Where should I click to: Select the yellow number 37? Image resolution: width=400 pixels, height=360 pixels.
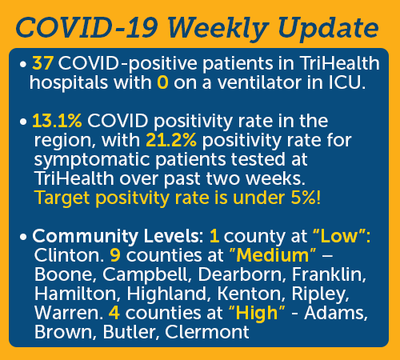(42, 63)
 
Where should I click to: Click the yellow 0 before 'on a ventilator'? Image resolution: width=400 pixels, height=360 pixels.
(162, 82)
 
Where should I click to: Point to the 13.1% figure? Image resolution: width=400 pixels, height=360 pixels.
(57, 121)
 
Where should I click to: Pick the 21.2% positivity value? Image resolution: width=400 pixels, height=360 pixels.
(171, 140)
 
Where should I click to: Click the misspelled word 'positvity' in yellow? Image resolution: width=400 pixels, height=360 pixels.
(132, 198)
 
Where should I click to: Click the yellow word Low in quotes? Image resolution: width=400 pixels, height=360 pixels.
(339, 236)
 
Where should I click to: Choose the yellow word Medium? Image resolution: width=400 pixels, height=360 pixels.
(272, 255)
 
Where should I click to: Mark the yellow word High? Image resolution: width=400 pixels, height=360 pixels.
(257, 314)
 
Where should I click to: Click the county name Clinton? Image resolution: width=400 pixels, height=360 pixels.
(67, 255)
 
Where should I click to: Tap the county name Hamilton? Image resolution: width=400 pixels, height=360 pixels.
(76, 294)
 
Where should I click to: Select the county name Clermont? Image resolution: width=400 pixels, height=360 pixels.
(207, 332)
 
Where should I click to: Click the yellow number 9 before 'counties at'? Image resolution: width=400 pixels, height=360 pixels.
(115, 255)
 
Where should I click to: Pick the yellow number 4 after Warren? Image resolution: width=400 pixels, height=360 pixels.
(114, 313)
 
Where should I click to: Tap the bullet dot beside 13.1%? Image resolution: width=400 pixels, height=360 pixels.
(23, 122)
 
